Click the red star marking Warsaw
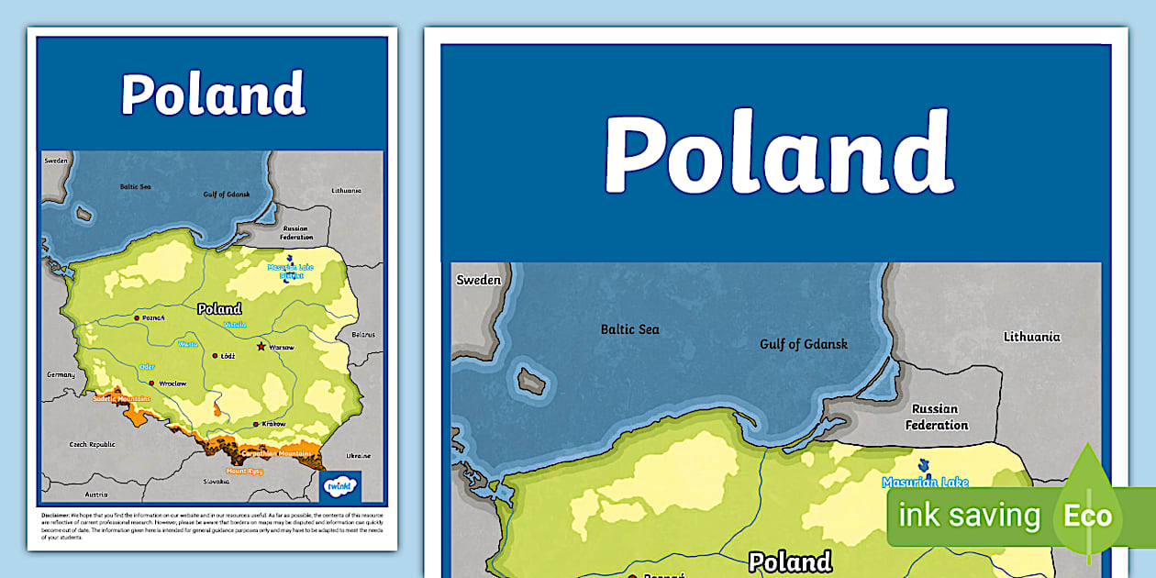click(x=261, y=347)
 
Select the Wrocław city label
click(x=172, y=383)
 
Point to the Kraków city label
click(x=272, y=424)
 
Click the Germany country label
click(x=61, y=374)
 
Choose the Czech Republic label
click(x=94, y=444)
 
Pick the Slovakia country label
click(x=217, y=481)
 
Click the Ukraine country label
click(x=358, y=455)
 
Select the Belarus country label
click(x=363, y=335)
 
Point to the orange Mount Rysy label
click(x=245, y=471)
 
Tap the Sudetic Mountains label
click(x=121, y=399)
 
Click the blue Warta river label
click(x=187, y=344)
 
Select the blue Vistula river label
click(x=235, y=324)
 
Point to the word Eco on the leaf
click(x=1087, y=516)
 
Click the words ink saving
click(x=969, y=516)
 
